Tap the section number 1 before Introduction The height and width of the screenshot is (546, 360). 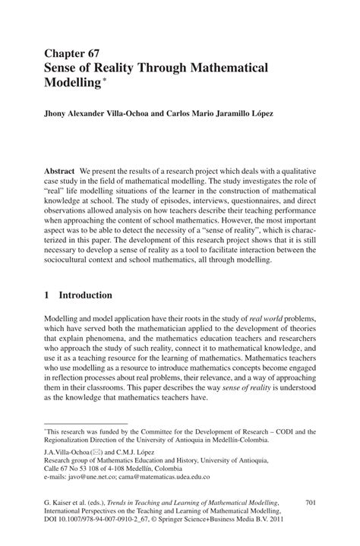click(x=48, y=295)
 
